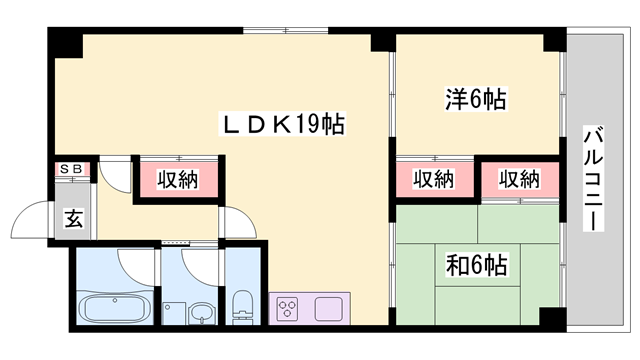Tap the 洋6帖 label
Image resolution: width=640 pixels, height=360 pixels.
475,99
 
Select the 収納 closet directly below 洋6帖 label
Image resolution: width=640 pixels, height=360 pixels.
433,180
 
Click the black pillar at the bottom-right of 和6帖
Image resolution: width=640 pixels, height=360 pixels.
551,317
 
